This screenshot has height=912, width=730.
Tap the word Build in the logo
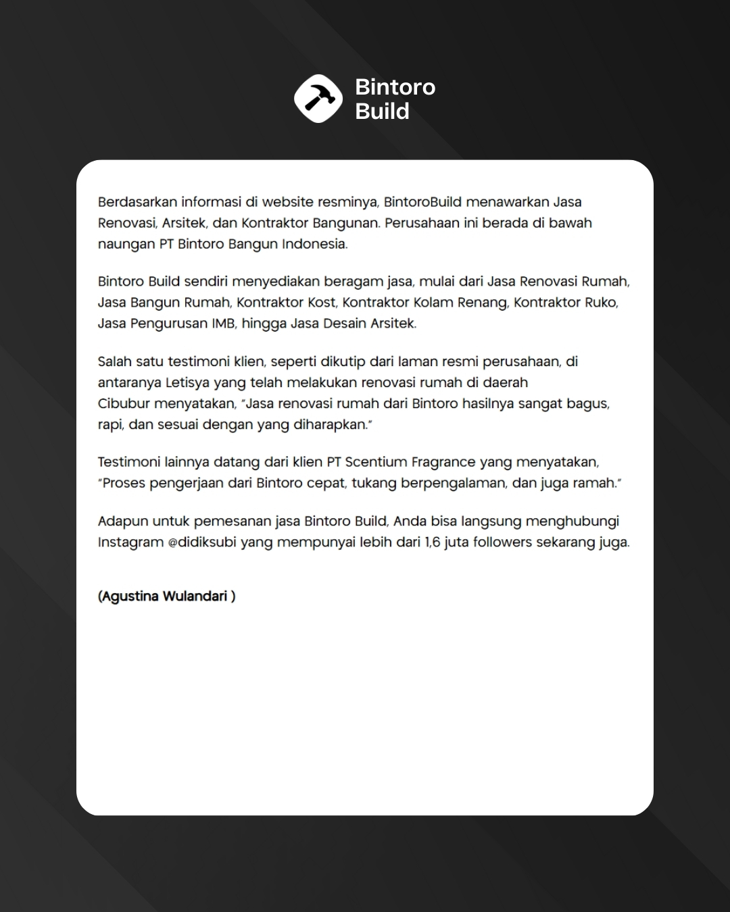(382, 111)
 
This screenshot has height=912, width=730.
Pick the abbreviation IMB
(223, 324)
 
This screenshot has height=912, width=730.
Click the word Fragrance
(443, 463)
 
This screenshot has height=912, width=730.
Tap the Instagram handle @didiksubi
(202, 542)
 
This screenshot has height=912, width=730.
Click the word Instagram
(130, 542)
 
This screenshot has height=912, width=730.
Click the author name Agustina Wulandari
(166, 597)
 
